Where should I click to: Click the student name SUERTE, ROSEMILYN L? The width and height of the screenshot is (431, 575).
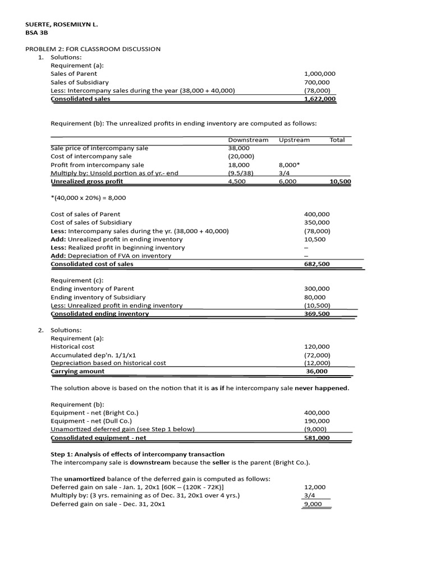(x=58, y=25)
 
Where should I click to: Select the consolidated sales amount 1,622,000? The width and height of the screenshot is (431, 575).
(x=319, y=99)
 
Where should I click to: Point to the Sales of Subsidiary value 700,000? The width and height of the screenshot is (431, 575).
(x=317, y=82)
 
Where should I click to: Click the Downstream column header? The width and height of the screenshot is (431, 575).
(x=248, y=140)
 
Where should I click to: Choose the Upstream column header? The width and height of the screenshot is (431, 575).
(x=294, y=140)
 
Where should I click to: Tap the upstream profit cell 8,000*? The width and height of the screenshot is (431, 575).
(x=289, y=165)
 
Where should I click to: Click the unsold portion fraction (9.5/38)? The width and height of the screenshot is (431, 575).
(x=241, y=174)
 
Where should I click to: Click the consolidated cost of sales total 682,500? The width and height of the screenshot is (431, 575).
(x=317, y=264)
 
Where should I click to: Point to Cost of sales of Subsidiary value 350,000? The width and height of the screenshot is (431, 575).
(x=317, y=223)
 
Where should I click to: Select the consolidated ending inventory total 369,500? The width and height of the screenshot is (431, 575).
(x=317, y=314)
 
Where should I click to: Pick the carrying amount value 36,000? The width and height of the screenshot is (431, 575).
(x=317, y=371)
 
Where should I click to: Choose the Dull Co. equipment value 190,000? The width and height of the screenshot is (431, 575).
(x=317, y=421)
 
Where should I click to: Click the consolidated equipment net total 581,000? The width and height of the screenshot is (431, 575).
(x=317, y=438)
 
